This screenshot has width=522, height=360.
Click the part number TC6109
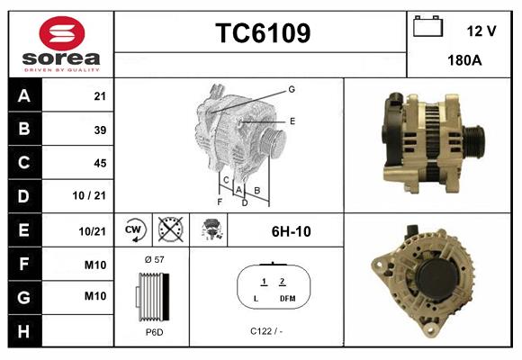262,34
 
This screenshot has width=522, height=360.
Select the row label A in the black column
23,95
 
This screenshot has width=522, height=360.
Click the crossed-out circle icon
169,230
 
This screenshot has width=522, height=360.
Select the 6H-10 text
291,231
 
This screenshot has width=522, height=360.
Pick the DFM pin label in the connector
287,298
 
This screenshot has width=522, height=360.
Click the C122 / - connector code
267,331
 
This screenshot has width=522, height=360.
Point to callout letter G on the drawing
292,89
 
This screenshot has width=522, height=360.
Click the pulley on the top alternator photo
474,140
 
